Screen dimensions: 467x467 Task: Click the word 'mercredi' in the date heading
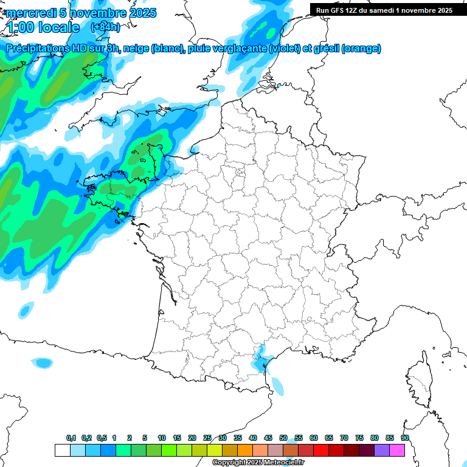[29, 13]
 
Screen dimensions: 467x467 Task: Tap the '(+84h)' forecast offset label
[105, 27]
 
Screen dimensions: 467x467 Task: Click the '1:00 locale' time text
[43, 27]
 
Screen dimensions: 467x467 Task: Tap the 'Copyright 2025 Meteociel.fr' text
[258, 463]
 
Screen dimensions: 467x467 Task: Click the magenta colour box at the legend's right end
[397, 450]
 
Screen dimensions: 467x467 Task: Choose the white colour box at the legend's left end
[62, 450]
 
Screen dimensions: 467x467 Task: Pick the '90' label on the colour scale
[404, 438]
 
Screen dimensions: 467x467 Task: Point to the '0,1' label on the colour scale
[71, 438]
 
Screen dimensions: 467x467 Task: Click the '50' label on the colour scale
[283, 438]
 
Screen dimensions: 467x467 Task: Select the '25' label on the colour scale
[207, 438]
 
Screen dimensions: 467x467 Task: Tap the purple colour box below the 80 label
[382, 450]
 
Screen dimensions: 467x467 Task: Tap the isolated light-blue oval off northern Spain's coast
[43, 363]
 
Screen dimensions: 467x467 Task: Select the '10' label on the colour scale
[162, 438]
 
